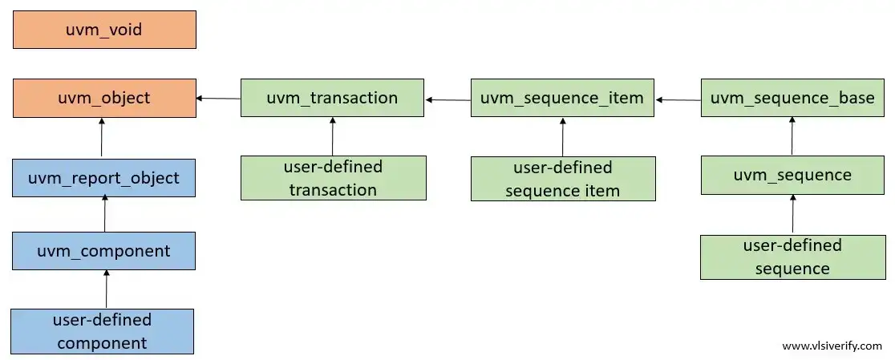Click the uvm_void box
coord(104,30)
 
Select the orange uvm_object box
coord(104,98)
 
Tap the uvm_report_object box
coord(104,177)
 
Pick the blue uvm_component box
coord(104,251)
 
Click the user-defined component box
coord(103,331)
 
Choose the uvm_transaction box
coord(332,98)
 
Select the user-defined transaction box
coord(333,178)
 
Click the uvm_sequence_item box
coord(562,98)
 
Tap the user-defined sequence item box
coord(562,178)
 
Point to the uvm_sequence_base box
coord(792,98)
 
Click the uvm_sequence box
coord(792,175)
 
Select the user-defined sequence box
coord(792,257)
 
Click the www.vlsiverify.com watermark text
coord(832,346)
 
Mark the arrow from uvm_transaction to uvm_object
coord(218,98)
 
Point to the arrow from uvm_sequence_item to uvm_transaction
coord(447,99)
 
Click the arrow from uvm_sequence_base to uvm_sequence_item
coord(678,99)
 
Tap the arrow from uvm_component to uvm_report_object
coord(105,212)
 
